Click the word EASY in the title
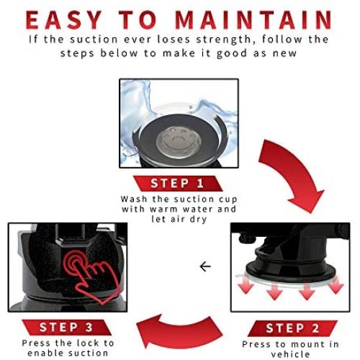click(x=64, y=20)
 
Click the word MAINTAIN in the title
click(x=254, y=20)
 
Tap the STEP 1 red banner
click(x=178, y=184)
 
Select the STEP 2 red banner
click(x=292, y=328)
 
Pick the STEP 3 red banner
click(x=66, y=327)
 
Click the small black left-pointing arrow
click(x=205, y=266)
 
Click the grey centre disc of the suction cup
click(x=179, y=142)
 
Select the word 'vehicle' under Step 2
click(x=291, y=354)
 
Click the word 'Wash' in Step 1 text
click(x=134, y=199)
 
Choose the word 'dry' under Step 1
click(x=198, y=220)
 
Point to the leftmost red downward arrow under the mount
click(x=246, y=285)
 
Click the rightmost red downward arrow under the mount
click(x=336, y=285)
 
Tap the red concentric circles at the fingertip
click(x=75, y=262)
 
